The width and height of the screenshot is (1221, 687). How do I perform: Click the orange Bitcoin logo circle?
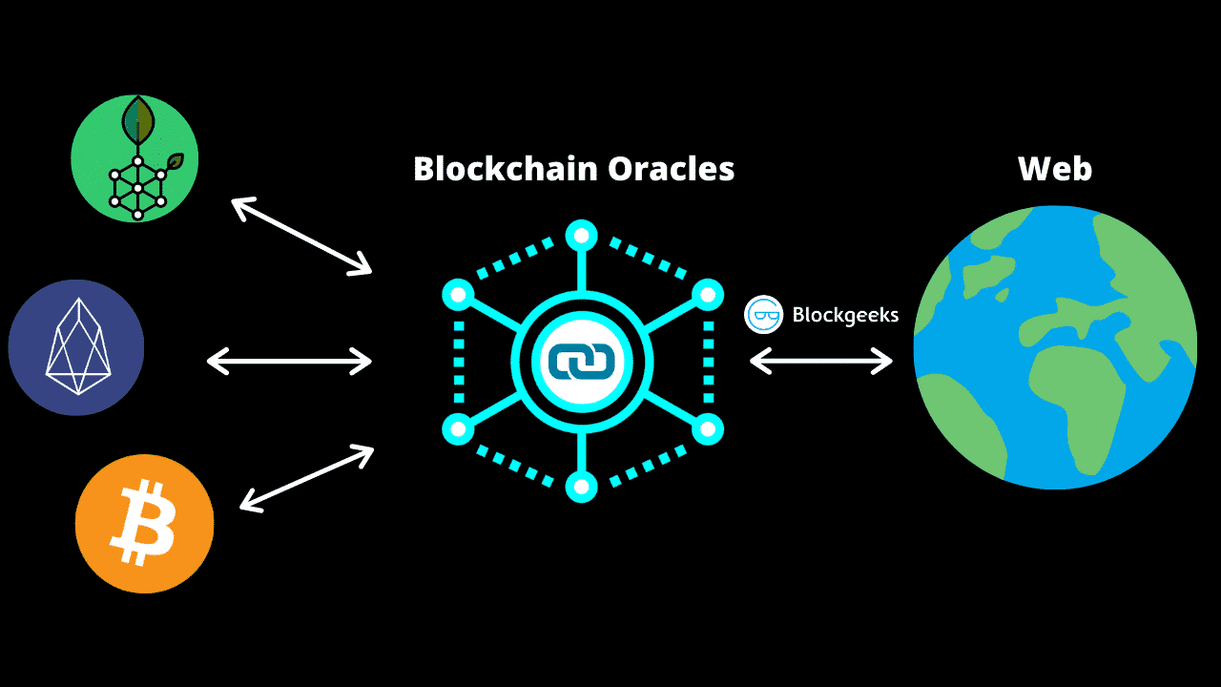click(x=144, y=524)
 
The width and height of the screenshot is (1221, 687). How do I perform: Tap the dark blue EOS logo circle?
click(x=76, y=347)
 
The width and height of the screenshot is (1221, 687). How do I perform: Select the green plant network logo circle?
click(x=135, y=158)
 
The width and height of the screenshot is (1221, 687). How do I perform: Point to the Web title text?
click(x=1054, y=169)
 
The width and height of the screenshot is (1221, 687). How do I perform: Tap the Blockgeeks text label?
click(x=845, y=315)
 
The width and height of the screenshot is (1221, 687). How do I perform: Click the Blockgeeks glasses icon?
click(x=764, y=315)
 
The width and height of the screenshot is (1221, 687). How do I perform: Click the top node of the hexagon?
click(x=581, y=235)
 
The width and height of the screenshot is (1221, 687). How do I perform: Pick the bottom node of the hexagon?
click(x=581, y=487)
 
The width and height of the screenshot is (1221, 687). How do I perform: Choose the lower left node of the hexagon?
click(x=458, y=429)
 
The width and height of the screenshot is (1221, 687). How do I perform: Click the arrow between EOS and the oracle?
click(x=289, y=361)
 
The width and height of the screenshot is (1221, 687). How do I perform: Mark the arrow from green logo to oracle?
click(x=301, y=235)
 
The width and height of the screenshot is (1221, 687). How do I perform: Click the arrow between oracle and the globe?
click(x=820, y=361)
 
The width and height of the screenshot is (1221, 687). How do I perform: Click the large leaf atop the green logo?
click(x=139, y=118)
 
